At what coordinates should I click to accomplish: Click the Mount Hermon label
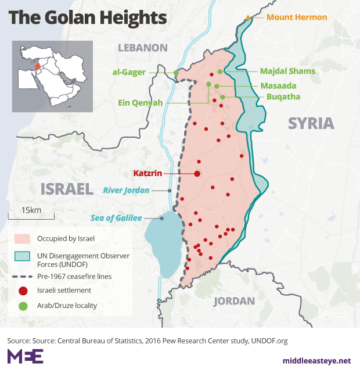point(297,17)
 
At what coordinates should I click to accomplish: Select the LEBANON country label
point(143,48)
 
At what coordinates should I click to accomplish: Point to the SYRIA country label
point(311,123)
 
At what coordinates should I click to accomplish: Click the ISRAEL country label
point(67,189)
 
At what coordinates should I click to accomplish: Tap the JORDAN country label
point(234,300)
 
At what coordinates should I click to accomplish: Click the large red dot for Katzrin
point(197,174)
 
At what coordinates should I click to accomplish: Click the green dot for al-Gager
point(176,73)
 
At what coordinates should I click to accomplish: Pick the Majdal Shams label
point(288,71)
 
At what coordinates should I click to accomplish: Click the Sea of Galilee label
point(116,218)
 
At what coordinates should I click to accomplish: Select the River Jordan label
point(126,190)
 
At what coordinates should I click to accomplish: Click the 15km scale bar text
point(31,210)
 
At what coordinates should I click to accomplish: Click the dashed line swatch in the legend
point(23,277)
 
